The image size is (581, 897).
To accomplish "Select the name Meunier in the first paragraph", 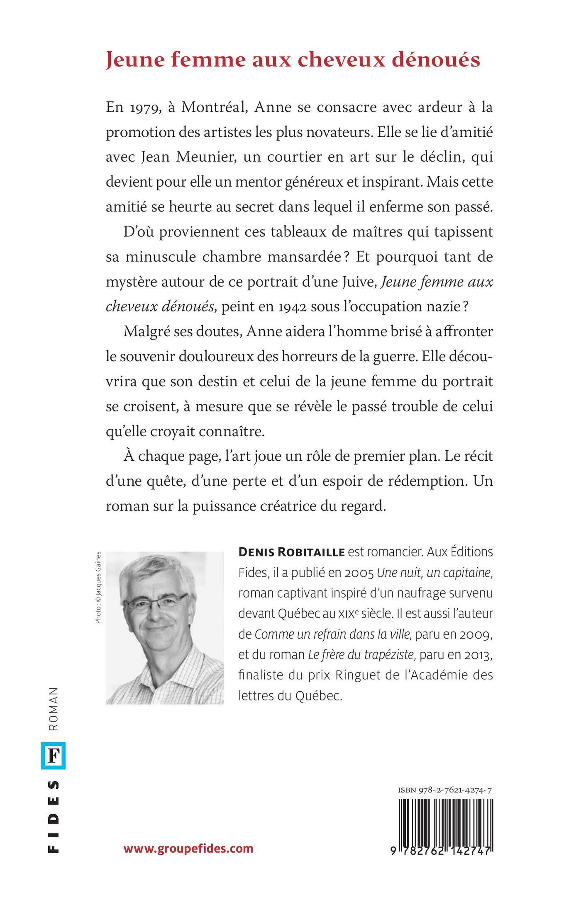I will [x=198, y=158].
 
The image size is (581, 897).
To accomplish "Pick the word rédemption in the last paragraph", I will [x=422, y=481].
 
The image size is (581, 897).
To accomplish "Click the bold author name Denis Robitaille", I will [x=292, y=552].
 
